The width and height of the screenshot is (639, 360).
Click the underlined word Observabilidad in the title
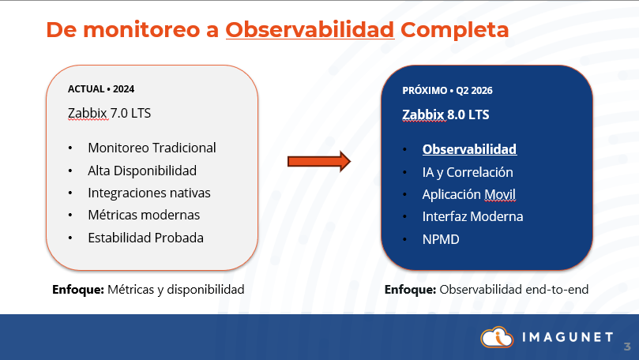pos(310,29)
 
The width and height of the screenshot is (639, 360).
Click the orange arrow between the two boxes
pos(318,161)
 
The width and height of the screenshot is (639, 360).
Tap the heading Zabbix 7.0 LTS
pos(109,113)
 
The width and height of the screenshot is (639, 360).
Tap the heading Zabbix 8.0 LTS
pos(445,114)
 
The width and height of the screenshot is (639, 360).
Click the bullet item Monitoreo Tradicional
pos(152,148)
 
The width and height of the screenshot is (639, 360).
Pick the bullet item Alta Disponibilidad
pos(142,170)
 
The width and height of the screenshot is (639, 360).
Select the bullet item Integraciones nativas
pos(149,193)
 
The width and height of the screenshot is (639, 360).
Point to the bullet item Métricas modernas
pos(144,215)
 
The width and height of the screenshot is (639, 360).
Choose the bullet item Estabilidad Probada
pos(146,238)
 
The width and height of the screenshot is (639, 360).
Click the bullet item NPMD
pos(441,238)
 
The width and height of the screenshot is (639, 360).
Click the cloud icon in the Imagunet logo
pos(497,337)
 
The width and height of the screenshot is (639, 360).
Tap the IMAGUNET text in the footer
pos(567,338)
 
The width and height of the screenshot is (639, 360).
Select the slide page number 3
pos(627,347)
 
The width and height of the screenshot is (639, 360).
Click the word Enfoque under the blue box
pos(410,290)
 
